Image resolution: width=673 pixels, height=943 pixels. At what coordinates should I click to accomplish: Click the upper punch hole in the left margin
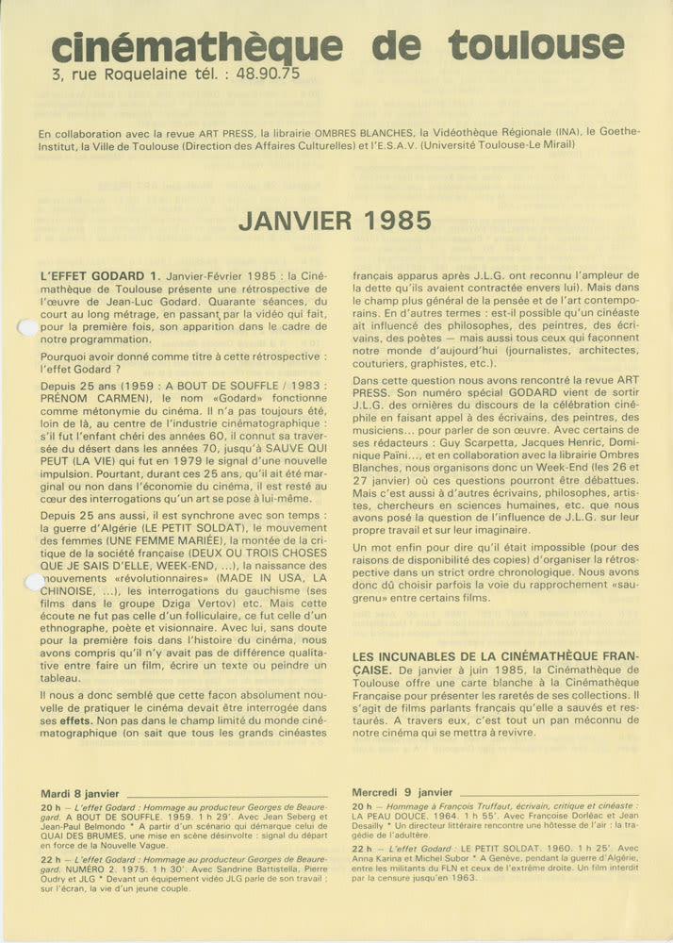tap(28, 328)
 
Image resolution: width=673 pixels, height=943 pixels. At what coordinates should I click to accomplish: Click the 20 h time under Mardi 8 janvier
tap(51, 807)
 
